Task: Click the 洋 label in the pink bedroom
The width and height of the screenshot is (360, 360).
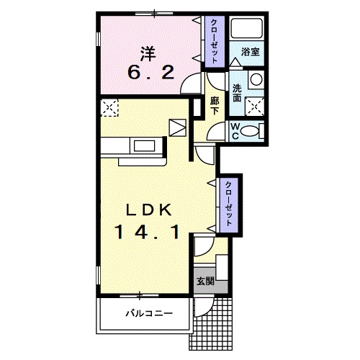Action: point(148,54)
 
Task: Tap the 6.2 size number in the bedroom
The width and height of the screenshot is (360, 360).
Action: point(151,73)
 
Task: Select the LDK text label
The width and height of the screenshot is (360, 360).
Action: point(149,210)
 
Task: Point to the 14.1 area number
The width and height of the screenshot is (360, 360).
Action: point(148,233)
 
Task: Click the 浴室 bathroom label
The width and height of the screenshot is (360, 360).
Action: point(251,52)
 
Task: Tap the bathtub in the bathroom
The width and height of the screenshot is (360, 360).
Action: point(246,28)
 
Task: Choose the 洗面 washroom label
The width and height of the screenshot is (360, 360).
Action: point(237,94)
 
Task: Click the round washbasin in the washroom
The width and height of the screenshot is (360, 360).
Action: point(256,79)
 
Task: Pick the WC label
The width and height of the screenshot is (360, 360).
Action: point(235,131)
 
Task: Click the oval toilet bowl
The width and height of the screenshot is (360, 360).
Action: point(249,132)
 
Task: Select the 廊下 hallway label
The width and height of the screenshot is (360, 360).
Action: point(215,106)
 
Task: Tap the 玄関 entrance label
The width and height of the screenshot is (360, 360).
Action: point(205,281)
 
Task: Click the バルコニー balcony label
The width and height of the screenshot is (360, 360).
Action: point(149,313)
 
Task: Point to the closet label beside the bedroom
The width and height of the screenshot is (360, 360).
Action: point(214,41)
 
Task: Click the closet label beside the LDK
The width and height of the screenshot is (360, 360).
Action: point(228,204)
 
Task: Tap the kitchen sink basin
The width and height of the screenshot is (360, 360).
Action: point(144,145)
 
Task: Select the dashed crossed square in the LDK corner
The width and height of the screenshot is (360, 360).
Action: point(109,107)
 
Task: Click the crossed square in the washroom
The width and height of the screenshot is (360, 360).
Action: point(255,106)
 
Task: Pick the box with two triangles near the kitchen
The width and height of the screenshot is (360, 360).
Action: point(178,128)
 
